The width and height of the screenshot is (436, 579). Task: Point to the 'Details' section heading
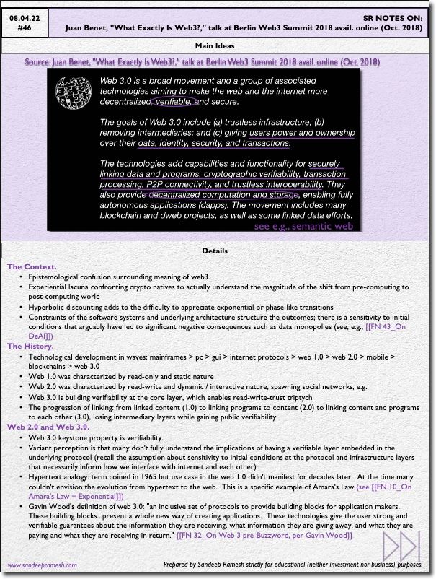[x=218, y=251]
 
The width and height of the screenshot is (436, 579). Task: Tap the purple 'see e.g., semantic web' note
[x=303, y=226]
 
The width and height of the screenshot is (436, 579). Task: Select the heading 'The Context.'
[x=32, y=267]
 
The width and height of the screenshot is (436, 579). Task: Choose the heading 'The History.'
[x=31, y=346]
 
